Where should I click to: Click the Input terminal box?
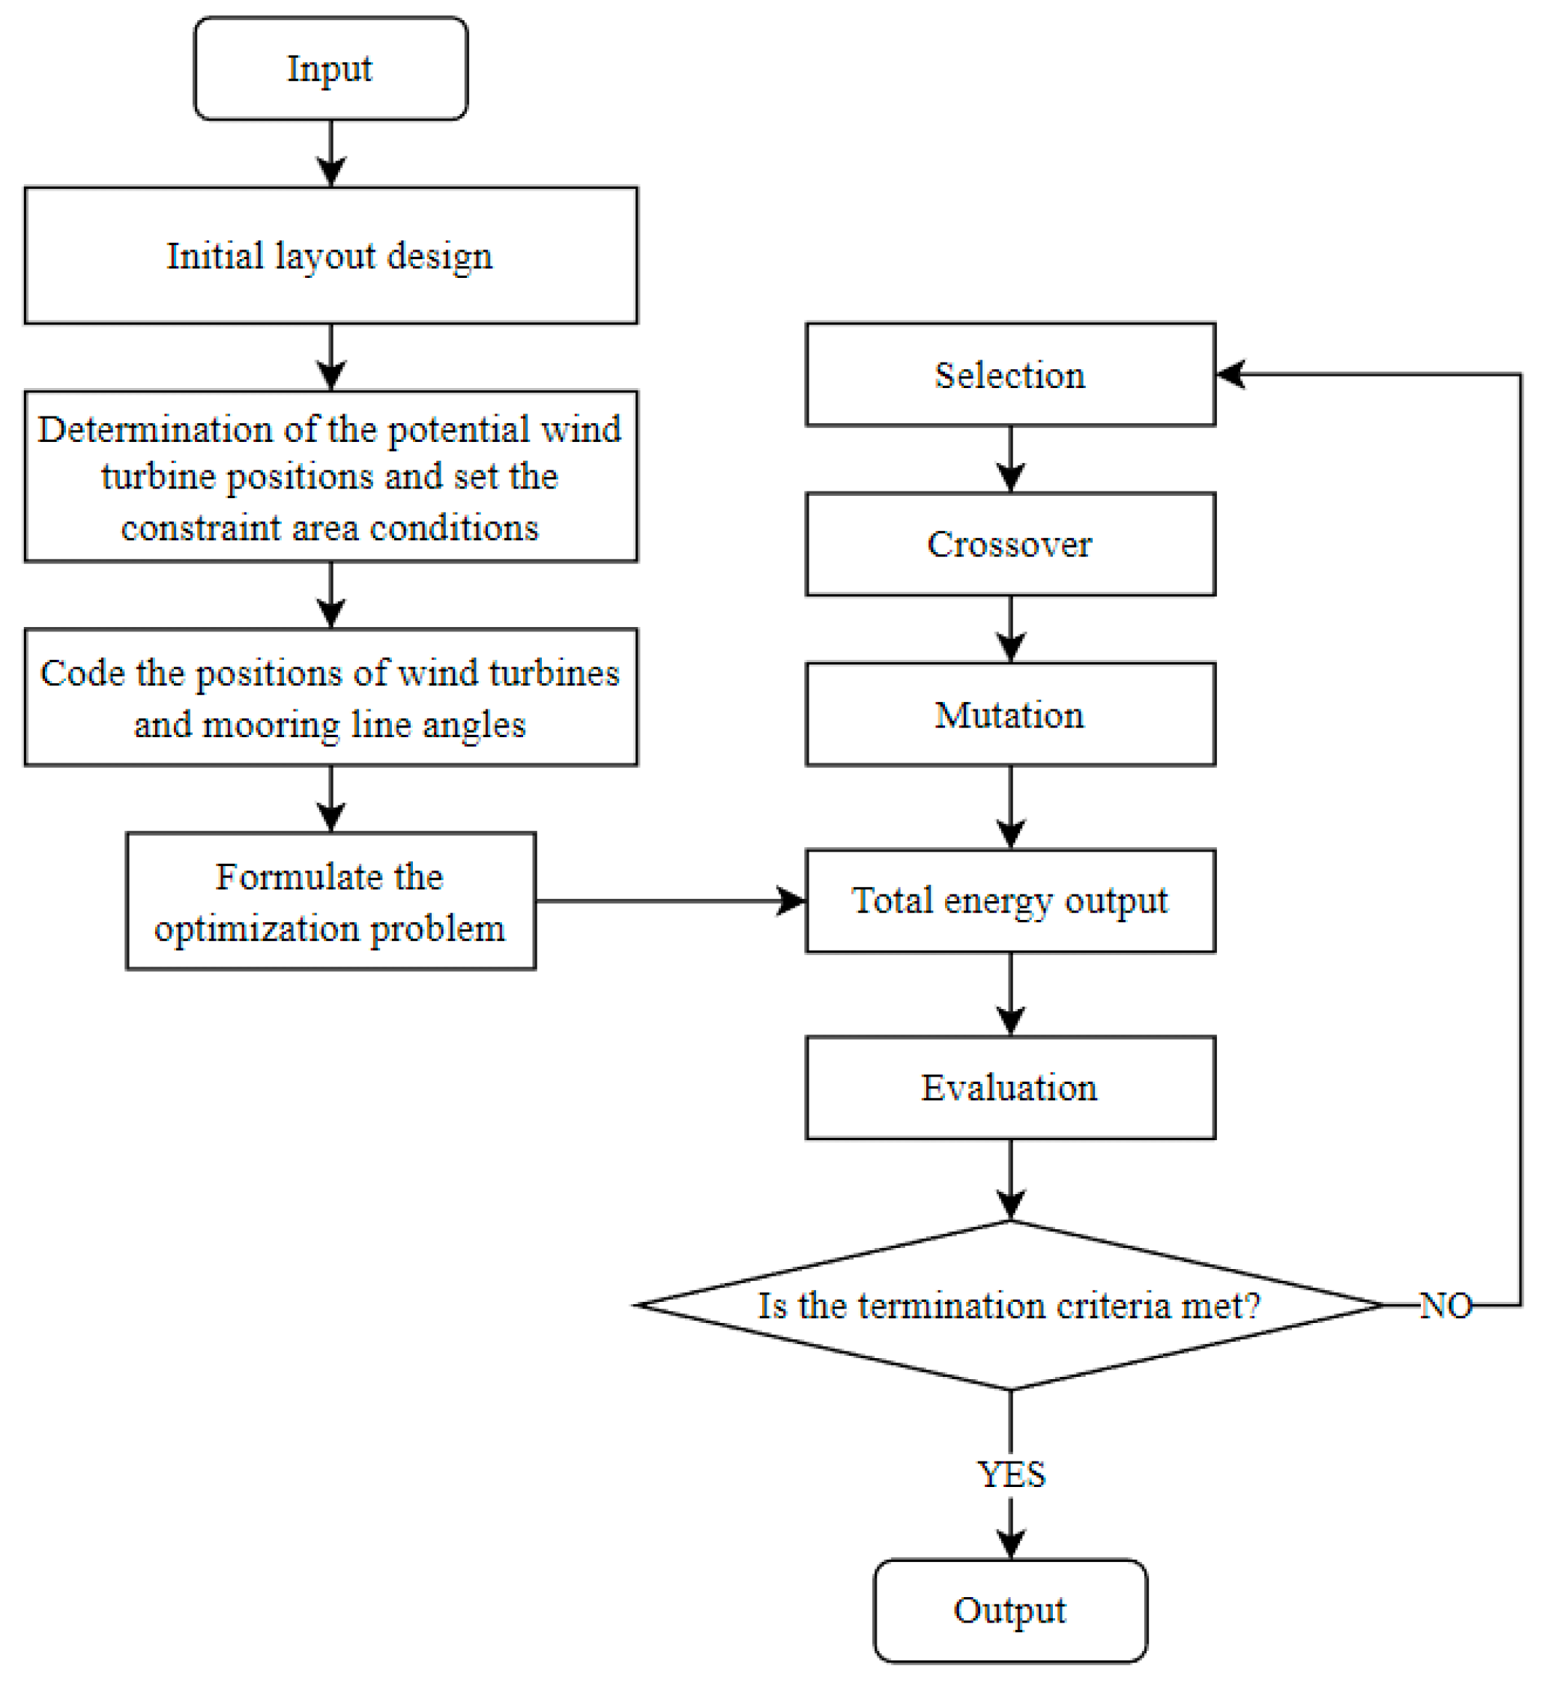(330, 68)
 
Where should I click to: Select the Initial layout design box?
(330, 255)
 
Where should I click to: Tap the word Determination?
(155, 430)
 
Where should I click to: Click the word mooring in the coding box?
(271, 725)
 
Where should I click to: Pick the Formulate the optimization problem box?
(330, 902)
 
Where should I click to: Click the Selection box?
(1011, 375)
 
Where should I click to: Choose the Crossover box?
(1011, 545)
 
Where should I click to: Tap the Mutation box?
(1011, 715)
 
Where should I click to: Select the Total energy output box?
(1011, 901)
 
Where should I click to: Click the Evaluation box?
(1011, 1088)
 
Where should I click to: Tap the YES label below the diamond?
(1012, 1475)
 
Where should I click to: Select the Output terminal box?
(1011, 1611)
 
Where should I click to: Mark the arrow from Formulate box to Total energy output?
(668, 901)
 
